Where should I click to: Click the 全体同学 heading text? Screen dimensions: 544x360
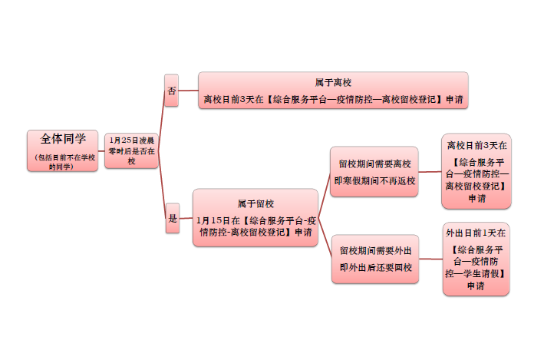click(x=63, y=139)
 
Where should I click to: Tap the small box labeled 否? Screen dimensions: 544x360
click(x=171, y=91)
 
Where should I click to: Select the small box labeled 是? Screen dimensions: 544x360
click(x=173, y=218)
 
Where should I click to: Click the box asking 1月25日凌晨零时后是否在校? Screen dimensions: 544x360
click(x=131, y=150)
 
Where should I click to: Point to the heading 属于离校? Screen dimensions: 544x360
click(x=333, y=83)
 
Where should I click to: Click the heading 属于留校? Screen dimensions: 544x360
click(x=256, y=203)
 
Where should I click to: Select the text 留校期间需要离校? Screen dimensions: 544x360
click(x=374, y=163)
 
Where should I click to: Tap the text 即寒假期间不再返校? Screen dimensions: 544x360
click(x=374, y=181)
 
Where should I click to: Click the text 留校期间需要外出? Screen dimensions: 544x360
click(x=376, y=251)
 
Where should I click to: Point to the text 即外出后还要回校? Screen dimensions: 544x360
click(x=376, y=268)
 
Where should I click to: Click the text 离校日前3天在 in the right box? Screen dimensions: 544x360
click(x=477, y=145)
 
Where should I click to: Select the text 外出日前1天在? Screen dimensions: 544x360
click(x=476, y=233)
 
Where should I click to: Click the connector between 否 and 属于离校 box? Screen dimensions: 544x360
click(x=189, y=91)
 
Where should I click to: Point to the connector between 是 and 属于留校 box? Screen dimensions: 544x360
click(x=186, y=218)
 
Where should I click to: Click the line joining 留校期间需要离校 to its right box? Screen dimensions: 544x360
click(x=430, y=172)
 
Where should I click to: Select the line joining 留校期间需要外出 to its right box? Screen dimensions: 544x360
click(x=431, y=259)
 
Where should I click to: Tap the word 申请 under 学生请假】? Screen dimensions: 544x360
click(x=476, y=286)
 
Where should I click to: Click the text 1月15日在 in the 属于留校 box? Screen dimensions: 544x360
click(x=218, y=220)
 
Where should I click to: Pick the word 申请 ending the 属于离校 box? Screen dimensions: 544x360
click(x=454, y=100)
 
